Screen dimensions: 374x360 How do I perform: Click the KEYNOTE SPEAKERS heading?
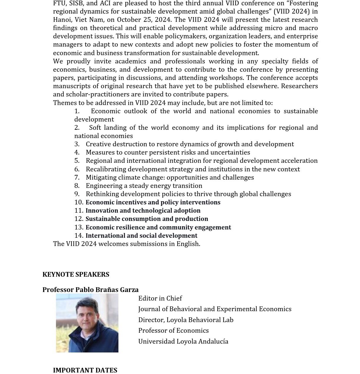pyautogui.click(x=76, y=275)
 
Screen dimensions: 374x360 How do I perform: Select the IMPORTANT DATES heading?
pyautogui.click(x=85, y=370)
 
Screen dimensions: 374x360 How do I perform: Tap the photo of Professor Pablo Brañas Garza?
pyautogui.click(x=87, y=323)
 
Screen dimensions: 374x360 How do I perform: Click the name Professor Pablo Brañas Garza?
pyautogui.click(x=90, y=290)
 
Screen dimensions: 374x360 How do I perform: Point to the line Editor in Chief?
pyautogui.click(x=160, y=298)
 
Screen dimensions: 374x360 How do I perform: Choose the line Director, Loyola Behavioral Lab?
pyautogui.click(x=186, y=320)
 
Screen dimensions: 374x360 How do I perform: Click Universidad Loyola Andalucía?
pyautogui.click(x=183, y=342)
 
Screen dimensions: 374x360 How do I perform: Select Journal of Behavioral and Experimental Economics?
pyautogui.click(x=215, y=309)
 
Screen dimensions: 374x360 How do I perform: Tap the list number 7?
pyautogui.click(x=77, y=178)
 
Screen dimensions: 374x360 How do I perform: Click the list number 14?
pyautogui.click(x=79, y=236)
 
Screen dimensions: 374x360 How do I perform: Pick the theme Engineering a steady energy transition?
pyautogui.click(x=144, y=186)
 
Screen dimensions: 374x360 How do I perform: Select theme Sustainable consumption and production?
pyautogui.click(x=147, y=219)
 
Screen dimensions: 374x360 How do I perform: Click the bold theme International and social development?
pyautogui.click(x=141, y=236)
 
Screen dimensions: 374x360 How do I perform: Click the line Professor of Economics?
pyautogui.click(x=174, y=331)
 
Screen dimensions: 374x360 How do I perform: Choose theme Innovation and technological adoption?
pyautogui.click(x=143, y=211)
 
